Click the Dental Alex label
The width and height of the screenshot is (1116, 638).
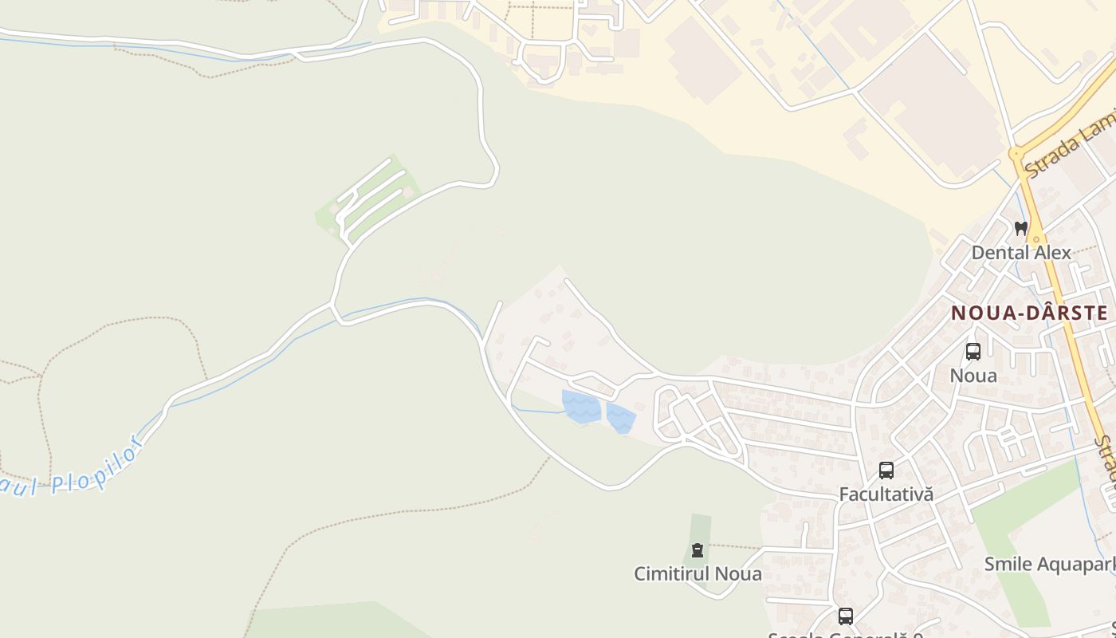[1020, 252]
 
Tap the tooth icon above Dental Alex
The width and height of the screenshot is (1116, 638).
[1020, 228]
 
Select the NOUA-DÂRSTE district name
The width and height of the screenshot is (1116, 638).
[1029, 313]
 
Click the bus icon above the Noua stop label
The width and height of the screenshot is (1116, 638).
[973, 352]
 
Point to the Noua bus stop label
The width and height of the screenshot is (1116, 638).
[973, 375]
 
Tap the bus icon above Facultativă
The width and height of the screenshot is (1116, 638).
[886, 471]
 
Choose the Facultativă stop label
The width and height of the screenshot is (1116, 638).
[886, 494]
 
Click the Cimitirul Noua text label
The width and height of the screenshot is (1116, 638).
[697, 573]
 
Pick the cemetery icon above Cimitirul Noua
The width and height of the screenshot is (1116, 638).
[697, 550]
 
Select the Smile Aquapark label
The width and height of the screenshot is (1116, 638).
[1048, 564]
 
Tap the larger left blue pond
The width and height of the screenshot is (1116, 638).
[580, 406]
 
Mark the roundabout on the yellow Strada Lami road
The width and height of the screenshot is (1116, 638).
[1016, 153]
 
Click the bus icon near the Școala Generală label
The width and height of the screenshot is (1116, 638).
[845, 616]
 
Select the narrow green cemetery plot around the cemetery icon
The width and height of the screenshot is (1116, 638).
[700, 530]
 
